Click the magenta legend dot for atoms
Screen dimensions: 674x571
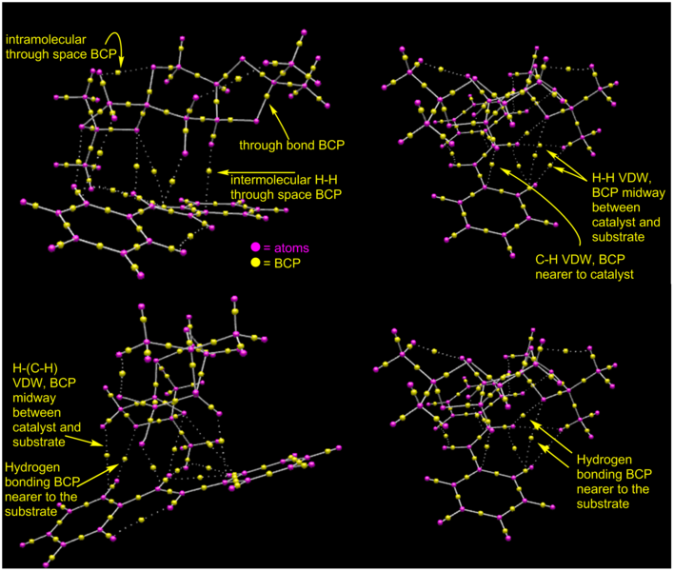pos(256,247)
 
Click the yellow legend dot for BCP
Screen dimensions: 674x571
pos(256,262)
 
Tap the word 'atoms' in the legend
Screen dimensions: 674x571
pos(291,248)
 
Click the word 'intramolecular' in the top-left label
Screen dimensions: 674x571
pos(46,40)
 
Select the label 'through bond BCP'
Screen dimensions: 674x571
pos(292,146)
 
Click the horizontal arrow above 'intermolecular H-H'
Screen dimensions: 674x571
pos(256,172)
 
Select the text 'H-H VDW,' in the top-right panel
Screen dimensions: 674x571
pos(622,178)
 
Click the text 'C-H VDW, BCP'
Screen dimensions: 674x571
pos(580,260)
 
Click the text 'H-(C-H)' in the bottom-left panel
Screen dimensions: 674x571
pos(35,367)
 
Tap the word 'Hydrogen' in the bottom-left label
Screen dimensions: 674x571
pos(32,467)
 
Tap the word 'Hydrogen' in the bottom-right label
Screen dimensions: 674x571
pos(605,460)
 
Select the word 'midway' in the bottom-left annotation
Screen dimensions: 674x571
pos(34,398)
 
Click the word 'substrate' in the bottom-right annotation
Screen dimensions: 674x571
pos(603,503)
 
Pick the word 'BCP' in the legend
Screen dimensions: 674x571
pos(287,263)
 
